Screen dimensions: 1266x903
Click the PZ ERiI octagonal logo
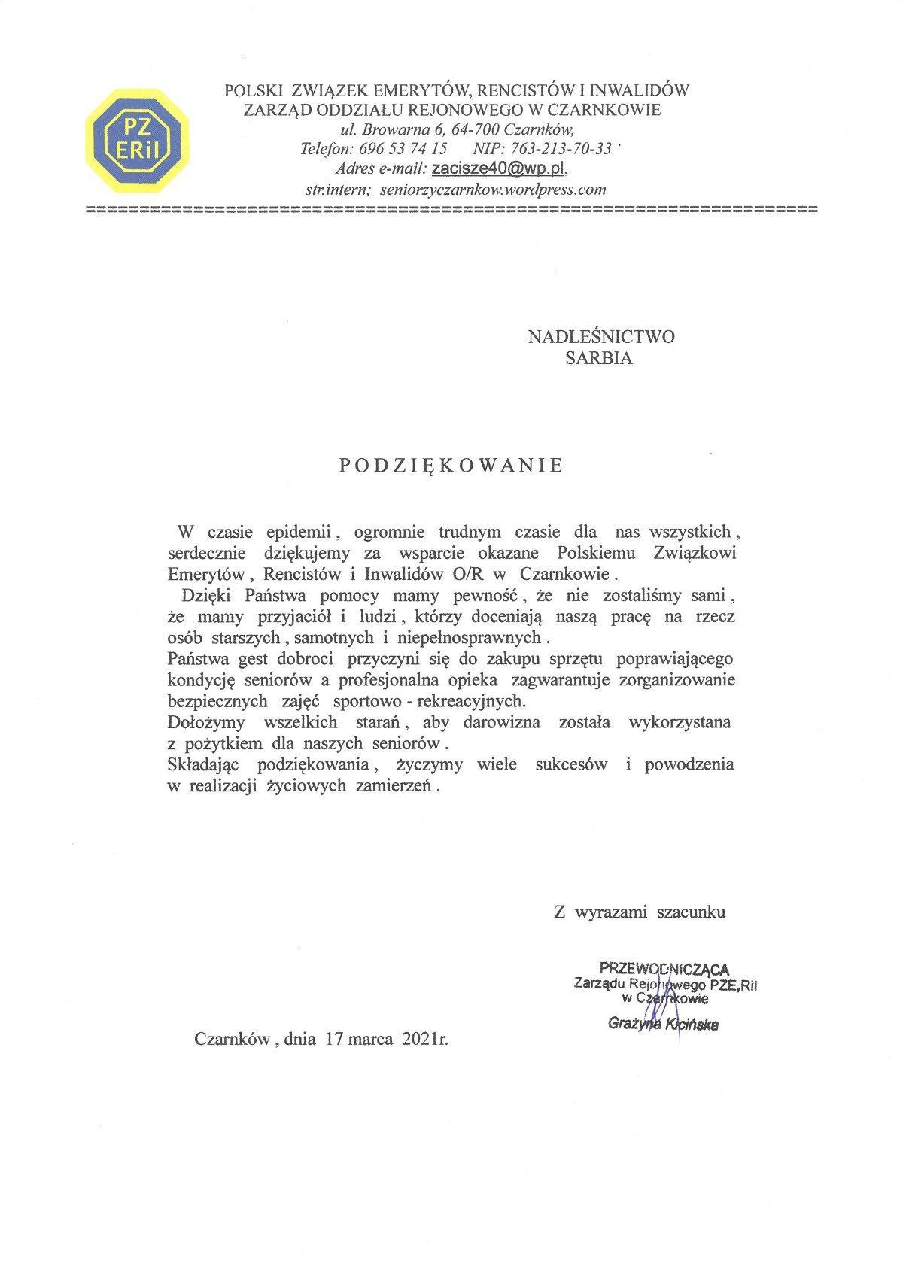137,140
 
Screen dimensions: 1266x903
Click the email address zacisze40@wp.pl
499,168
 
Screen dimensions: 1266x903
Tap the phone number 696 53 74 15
403,148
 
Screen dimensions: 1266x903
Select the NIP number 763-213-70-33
561,148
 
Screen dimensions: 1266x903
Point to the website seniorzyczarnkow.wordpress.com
493,190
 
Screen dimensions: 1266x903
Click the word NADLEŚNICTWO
601,336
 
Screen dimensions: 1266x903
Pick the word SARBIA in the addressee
599,358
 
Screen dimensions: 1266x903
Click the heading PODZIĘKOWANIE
451,466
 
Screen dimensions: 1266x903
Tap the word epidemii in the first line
299,532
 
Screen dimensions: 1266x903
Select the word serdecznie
207,553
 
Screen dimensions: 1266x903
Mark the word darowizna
501,722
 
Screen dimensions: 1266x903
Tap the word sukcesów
571,764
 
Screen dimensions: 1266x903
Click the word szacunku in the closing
691,912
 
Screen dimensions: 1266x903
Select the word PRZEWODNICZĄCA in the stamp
664,969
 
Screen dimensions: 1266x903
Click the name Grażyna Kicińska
663,1024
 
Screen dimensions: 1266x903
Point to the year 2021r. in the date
425,1039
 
